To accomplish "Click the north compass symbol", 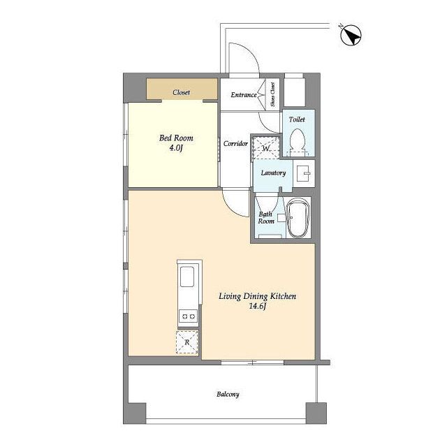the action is point(351,36).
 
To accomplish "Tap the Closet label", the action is point(182,92).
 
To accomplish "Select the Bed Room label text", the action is point(176,138).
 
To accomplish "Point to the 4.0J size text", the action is point(176,148).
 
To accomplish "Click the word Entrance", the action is point(244,95).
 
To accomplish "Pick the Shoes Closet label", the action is point(273,95).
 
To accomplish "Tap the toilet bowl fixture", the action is point(298,142).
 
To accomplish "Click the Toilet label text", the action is point(297,119).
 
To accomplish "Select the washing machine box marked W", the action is point(265,147).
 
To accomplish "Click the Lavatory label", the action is point(273,173).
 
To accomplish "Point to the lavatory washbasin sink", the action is point(304,173).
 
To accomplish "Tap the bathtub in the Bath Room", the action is point(298,218).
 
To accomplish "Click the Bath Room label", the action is point(266,217).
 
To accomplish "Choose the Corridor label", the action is point(235,143).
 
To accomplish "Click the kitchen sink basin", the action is point(187,277).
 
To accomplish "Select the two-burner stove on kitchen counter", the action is point(189,316).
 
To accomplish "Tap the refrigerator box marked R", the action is point(187,342).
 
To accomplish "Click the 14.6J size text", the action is point(258,306).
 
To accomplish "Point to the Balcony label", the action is point(228,395).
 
